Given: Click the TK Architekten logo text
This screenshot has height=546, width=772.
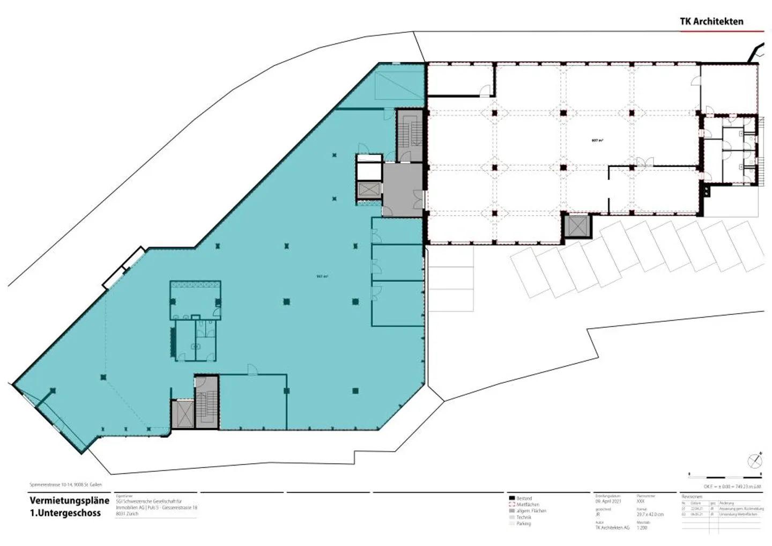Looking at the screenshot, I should pyautogui.click(x=711, y=21).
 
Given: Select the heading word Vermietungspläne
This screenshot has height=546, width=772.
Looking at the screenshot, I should pyautogui.click(x=70, y=500).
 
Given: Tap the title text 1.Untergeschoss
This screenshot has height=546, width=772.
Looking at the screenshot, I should pyautogui.click(x=65, y=513).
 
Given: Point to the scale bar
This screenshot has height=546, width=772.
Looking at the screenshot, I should pyautogui.click(x=724, y=475).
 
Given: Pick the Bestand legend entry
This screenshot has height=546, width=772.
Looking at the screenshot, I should pyautogui.click(x=524, y=498).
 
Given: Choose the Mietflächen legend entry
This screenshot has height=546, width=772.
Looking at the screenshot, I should pyautogui.click(x=528, y=505).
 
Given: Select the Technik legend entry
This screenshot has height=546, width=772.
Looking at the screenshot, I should pyautogui.click(x=523, y=517).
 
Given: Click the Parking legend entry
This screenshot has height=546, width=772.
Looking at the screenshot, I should pyautogui.click(x=523, y=523).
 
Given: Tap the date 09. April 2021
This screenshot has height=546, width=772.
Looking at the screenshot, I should pyautogui.click(x=608, y=501).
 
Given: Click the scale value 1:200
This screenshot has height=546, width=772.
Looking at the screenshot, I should pyautogui.click(x=642, y=528).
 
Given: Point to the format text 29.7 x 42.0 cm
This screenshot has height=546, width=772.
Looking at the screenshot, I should pyautogui.click(x=650, y=514).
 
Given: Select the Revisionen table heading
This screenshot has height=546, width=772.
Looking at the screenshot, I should pyautogui.click(x=691, y=497).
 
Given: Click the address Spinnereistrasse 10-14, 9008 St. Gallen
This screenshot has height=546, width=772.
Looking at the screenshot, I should pyautogui.click(x=65, y=484).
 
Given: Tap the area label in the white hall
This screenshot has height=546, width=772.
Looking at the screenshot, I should pyautogui.click(x=597, y=141).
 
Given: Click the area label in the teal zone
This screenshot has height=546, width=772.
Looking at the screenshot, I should pyautogui.click(x=322, y=277).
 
